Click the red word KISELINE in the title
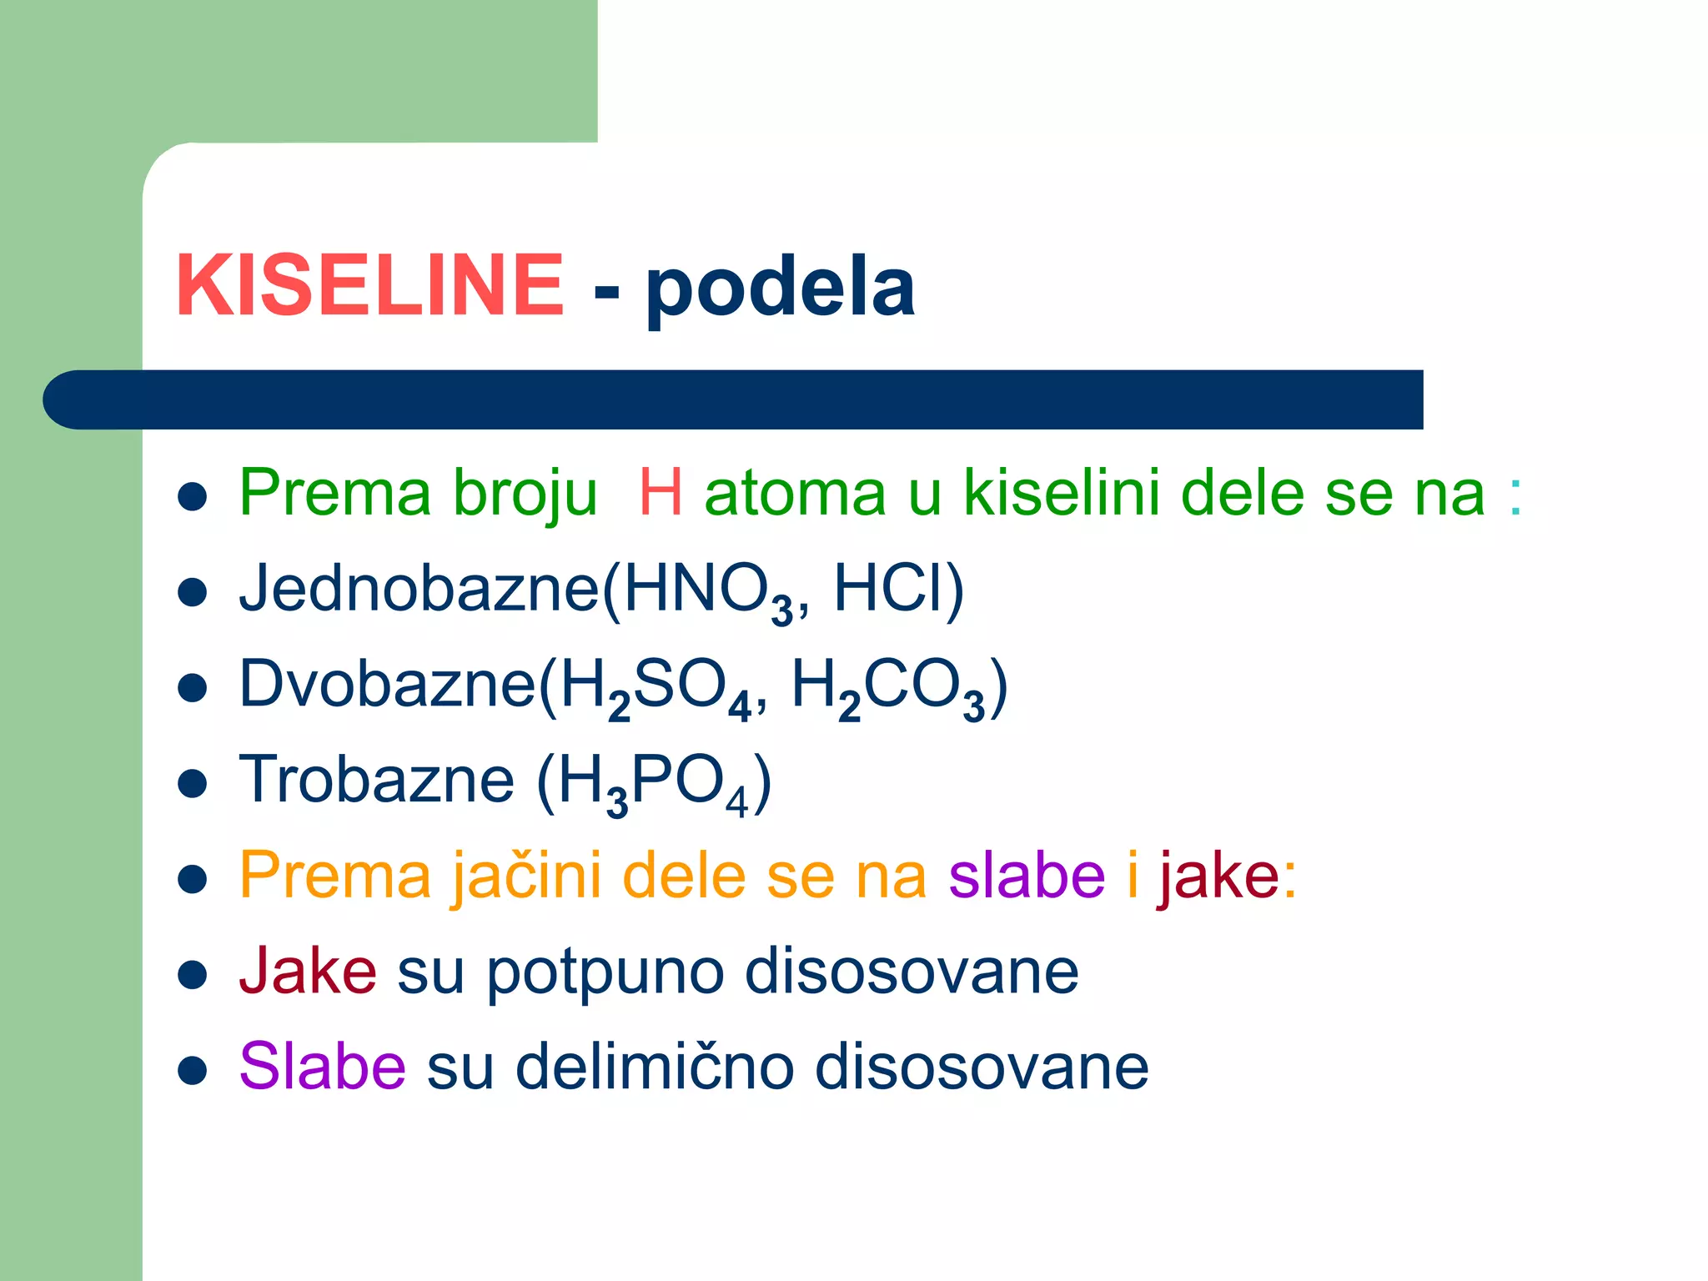(x=369, y=285)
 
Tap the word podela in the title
(x=780, y=287)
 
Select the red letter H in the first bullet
(x=661, y=493)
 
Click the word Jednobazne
(x=419, y=589)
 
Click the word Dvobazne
(x=387, y=684)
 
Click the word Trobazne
(x=376, y=780)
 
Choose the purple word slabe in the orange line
(x=1027, y=876)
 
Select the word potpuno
(x=605, y=972)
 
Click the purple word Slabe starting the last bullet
(x=323, y=1067)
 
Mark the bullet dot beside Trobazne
(x=193, y=784)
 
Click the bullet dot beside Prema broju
(x=193, y=497)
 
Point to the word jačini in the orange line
(x=526, y=876)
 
